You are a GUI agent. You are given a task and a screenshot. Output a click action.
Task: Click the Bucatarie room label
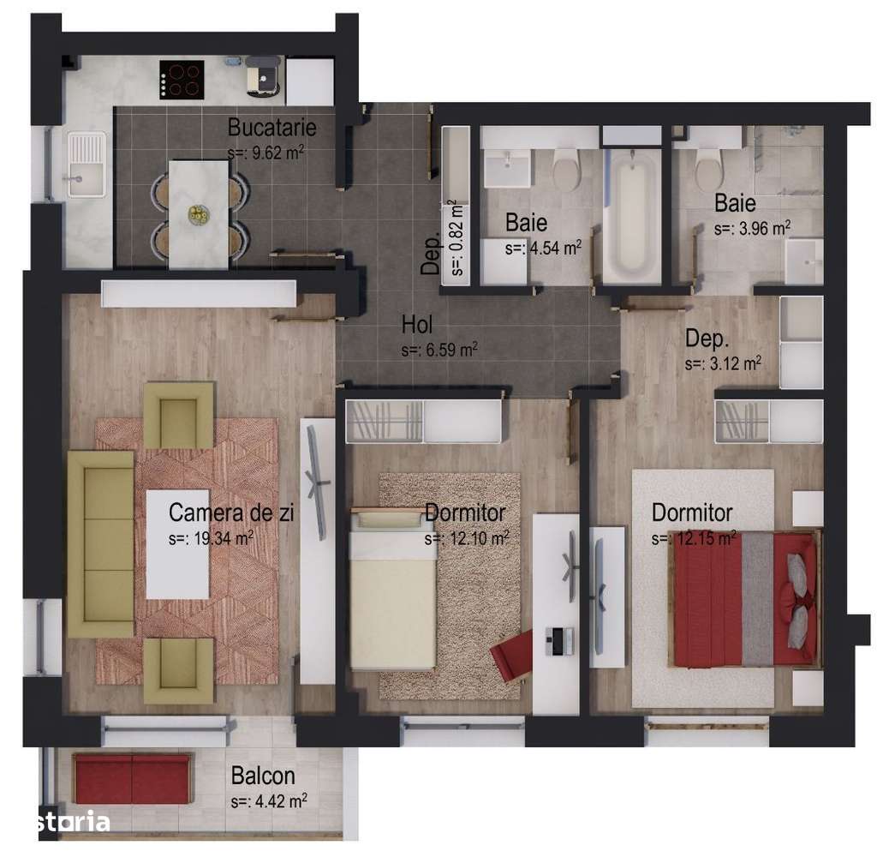click(x=271, y=128)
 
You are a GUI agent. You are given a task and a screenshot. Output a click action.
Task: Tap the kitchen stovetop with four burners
click(x=182, y=80)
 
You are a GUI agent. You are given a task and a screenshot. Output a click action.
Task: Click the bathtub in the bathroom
click(x=631, y=214)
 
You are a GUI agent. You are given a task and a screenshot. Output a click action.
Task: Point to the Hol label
click(x=417, y=326)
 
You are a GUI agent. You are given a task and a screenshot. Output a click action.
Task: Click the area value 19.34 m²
click(x=211, y=538)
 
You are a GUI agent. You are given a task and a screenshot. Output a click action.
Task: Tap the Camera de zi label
click(x=231, y=513)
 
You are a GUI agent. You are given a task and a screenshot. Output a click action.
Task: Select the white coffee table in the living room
click(x=178, y=544)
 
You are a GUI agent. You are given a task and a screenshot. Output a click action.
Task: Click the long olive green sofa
click(x=100, y=544)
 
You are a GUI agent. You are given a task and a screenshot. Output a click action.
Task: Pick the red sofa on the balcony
click(x=132, y=778)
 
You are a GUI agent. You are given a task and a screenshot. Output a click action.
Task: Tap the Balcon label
click(x=263, y=776)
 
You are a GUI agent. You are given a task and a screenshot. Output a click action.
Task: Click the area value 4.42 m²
click(x=269, y=801)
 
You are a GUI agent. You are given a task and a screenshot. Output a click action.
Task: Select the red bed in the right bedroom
click(x=743, y=598)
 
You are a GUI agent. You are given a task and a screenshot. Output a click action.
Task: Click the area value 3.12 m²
click(x=723, y=363)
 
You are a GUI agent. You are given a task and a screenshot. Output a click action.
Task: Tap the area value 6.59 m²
click(x=439, y=350)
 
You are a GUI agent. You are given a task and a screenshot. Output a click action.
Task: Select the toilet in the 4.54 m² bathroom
click(x=565, y=170)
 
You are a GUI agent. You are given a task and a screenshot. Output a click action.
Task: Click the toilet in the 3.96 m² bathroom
click(x=709, y=170)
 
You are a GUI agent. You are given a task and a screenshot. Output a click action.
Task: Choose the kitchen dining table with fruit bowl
click(x=198, y=213)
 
